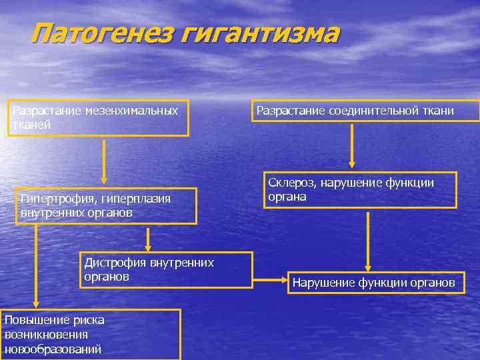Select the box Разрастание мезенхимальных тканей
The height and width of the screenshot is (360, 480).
(98, 118)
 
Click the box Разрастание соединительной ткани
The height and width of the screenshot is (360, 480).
(365, 111)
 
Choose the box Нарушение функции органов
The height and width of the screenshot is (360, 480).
(374, 283)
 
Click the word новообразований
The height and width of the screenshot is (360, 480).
(53, 349)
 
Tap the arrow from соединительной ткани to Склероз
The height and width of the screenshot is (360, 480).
(352, 146)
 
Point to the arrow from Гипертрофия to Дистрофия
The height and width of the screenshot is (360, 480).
(147, 238)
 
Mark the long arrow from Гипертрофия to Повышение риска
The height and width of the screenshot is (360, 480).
(37, 267)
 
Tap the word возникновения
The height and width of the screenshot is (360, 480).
(45, 335)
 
